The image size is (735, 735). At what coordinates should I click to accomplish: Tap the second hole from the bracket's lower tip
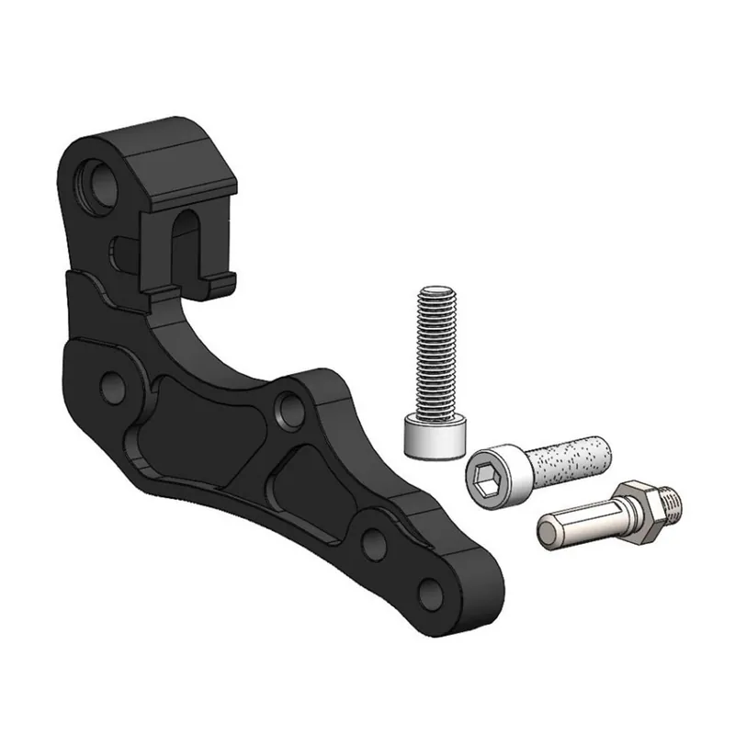coord(374,542)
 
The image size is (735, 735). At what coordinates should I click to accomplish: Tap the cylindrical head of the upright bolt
coord(438,434)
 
